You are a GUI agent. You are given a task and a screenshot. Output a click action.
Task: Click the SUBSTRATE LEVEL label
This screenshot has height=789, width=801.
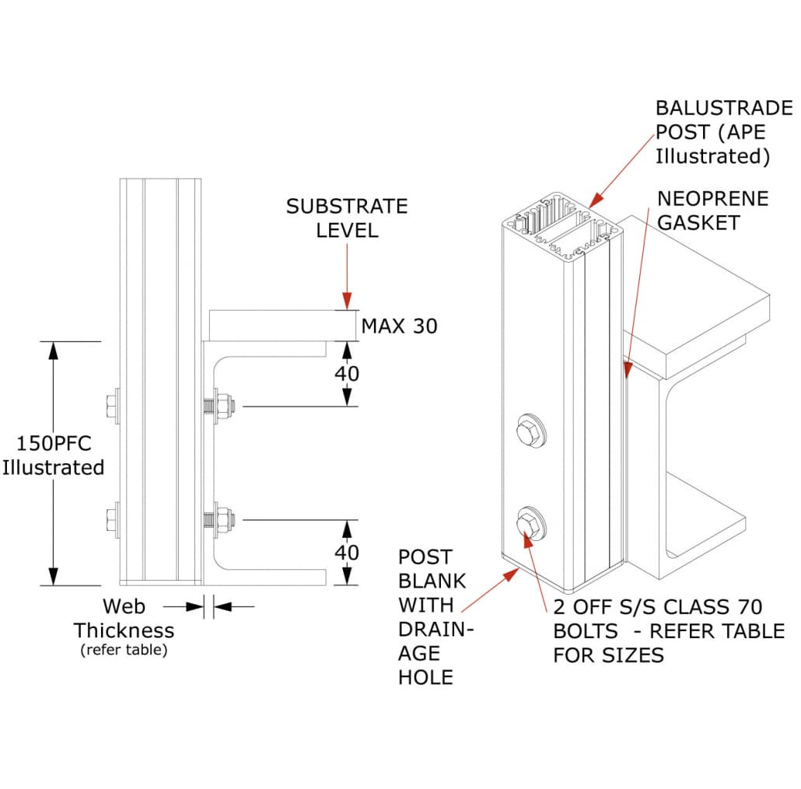coord(346,218)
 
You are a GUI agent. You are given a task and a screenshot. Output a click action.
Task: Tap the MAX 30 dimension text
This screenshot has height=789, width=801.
coord(399,326)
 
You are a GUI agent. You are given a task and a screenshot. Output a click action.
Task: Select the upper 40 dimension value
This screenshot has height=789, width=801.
coord(347,374)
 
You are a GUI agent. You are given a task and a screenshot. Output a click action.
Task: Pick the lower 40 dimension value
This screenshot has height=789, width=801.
coord(347,553)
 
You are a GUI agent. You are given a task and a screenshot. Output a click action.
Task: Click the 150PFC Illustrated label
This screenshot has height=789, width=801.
coord(53,456)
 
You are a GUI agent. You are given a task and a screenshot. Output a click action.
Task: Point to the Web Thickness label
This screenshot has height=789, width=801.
coord(124,618)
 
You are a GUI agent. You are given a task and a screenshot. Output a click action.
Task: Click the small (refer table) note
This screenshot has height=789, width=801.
coord(124,651)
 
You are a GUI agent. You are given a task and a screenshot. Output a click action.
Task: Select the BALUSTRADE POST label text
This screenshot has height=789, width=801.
coord(712,132)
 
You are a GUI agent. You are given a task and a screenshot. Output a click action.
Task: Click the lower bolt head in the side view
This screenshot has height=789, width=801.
coord(111,519)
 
